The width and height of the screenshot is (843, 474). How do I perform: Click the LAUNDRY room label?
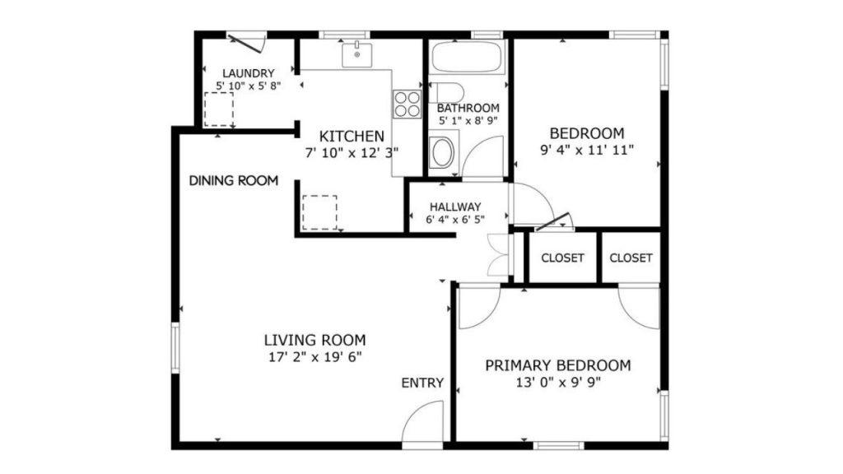pos(249,73)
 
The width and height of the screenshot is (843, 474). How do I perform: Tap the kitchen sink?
pos(357,55)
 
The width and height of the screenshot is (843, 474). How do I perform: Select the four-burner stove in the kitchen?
pos(407,105)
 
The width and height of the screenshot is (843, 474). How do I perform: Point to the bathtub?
pos(467,57)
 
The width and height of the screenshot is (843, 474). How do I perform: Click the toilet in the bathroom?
pos(446,92)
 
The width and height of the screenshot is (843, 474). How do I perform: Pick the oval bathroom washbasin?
pos(444,152)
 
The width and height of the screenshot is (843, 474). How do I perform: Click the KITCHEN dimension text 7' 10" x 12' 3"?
pos(352,153)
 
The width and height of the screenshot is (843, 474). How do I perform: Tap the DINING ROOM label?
pos(234,180)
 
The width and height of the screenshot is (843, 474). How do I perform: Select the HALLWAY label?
pos(455,207)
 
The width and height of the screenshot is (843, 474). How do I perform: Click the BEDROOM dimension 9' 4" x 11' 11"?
pos(587,150)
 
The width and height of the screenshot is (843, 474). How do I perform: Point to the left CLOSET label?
pos(562,258)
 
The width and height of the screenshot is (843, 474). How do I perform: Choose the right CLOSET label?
pos(631,258)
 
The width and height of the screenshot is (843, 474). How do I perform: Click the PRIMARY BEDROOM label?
pos(558,365)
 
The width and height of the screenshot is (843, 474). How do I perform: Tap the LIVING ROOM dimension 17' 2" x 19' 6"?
pos(315,357)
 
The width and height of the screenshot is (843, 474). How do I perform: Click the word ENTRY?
pos(422,383)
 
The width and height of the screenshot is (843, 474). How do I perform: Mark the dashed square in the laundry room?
pos(219,109)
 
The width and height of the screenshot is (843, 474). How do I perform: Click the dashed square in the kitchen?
pos(320,213)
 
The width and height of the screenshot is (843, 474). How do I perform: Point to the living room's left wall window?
pos(175,347)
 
